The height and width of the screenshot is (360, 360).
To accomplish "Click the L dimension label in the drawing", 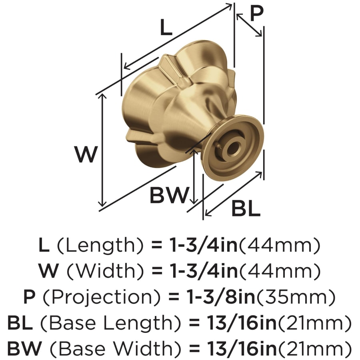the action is pos(166,27).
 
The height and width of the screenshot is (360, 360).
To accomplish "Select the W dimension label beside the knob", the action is pos(86,154).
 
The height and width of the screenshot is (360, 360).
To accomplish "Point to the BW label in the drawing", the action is pos(170,195).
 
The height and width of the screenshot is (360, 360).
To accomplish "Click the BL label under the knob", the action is pos(246,208).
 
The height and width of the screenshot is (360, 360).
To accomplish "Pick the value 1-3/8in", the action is pos(221,297).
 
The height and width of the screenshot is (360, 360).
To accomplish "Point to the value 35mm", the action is pos(296,297).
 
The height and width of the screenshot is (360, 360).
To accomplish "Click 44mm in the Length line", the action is pos(280,245).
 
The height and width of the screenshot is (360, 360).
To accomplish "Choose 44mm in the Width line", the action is pos(280,271).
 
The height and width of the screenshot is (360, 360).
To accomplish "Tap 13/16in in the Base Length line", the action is pos(242,323).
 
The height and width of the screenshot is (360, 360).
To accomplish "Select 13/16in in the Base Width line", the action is pos(242,349).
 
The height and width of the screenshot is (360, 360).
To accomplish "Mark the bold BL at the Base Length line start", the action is pos(20,323).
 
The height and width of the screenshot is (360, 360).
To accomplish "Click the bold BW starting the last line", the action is pos(25,349).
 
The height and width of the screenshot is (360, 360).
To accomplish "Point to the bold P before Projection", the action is pos(29,297).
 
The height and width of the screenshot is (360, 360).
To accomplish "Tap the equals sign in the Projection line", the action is pos(174,298).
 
